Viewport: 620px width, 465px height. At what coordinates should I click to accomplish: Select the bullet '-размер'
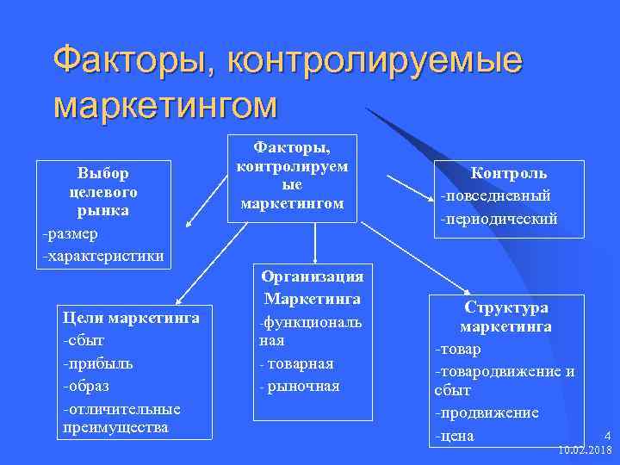coord(71,233)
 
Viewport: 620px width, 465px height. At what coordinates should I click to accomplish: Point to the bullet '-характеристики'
coord(102,256)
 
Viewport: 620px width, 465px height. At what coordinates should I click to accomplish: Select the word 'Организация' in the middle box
coord(312,276)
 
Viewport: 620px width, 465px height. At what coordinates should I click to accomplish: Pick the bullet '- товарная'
coord(296,364)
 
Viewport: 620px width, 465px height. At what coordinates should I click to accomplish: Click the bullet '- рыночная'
coord(300,386)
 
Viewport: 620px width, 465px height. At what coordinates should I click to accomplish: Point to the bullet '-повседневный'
coord(495,195)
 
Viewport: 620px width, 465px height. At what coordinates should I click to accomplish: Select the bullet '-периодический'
coord(499,219)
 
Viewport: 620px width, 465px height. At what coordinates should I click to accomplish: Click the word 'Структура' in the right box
coord(506,307)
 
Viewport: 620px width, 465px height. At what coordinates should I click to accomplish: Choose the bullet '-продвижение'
coord(487,413)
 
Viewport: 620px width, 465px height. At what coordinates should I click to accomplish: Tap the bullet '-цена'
coord(456,436)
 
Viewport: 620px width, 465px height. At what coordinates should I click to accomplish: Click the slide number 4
coord(607,435)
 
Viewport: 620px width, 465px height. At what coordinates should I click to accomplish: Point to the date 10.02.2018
coord(585,449)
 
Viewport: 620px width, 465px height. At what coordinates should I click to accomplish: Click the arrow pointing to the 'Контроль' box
coord(409,189)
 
